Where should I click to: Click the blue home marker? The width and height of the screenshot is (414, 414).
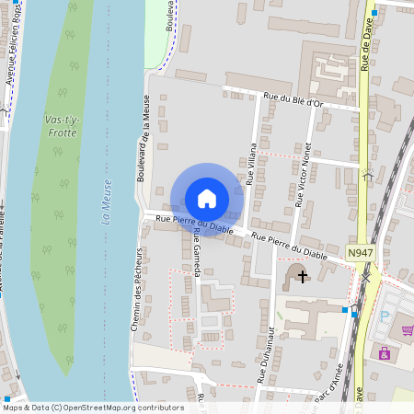[x=207, y=199]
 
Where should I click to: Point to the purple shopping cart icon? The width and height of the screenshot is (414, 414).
[x=407, y=330]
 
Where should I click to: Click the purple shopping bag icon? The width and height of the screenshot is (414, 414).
[x=385, y=352]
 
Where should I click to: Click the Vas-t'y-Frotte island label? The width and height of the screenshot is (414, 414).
[x=61, y=126]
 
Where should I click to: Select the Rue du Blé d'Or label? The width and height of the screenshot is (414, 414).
[x=293, y=100]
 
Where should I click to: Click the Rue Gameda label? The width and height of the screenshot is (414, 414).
[x=197, y=248]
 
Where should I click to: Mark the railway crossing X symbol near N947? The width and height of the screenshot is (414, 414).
[x=366, y=274]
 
